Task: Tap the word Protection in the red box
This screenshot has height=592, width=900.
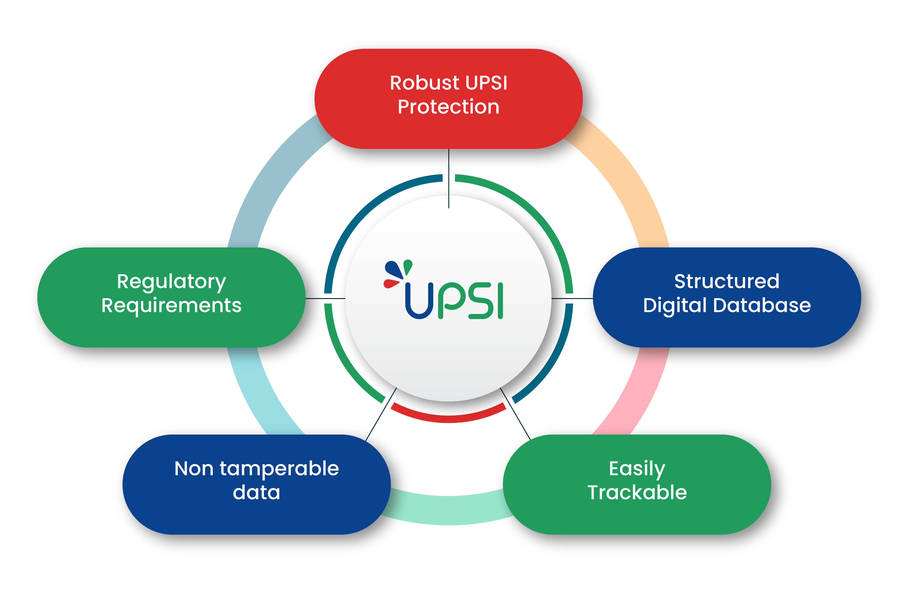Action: pyautogui.click(x=448, y=107)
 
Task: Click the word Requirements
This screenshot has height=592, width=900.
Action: pyautogui.click(x=171, y=305)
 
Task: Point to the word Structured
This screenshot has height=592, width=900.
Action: pyautogui.click(x=726, y=281)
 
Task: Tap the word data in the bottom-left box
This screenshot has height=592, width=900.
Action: pyautogui.click(x=256, y=493)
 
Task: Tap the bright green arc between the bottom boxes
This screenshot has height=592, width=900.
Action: pyautogui.click(x=448, y=510)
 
